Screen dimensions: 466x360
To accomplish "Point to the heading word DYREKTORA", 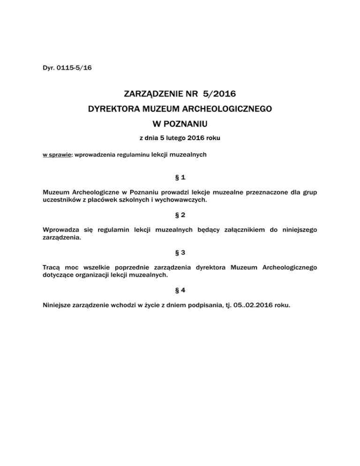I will coord(113,110).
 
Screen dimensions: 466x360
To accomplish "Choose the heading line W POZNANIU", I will coord(180,125).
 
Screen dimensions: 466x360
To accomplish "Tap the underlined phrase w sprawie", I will coord(54,154).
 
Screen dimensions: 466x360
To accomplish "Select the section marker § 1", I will coord(180,178).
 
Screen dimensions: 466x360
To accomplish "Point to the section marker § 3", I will coord(180,253).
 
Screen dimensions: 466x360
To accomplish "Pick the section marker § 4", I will coord(180,290).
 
